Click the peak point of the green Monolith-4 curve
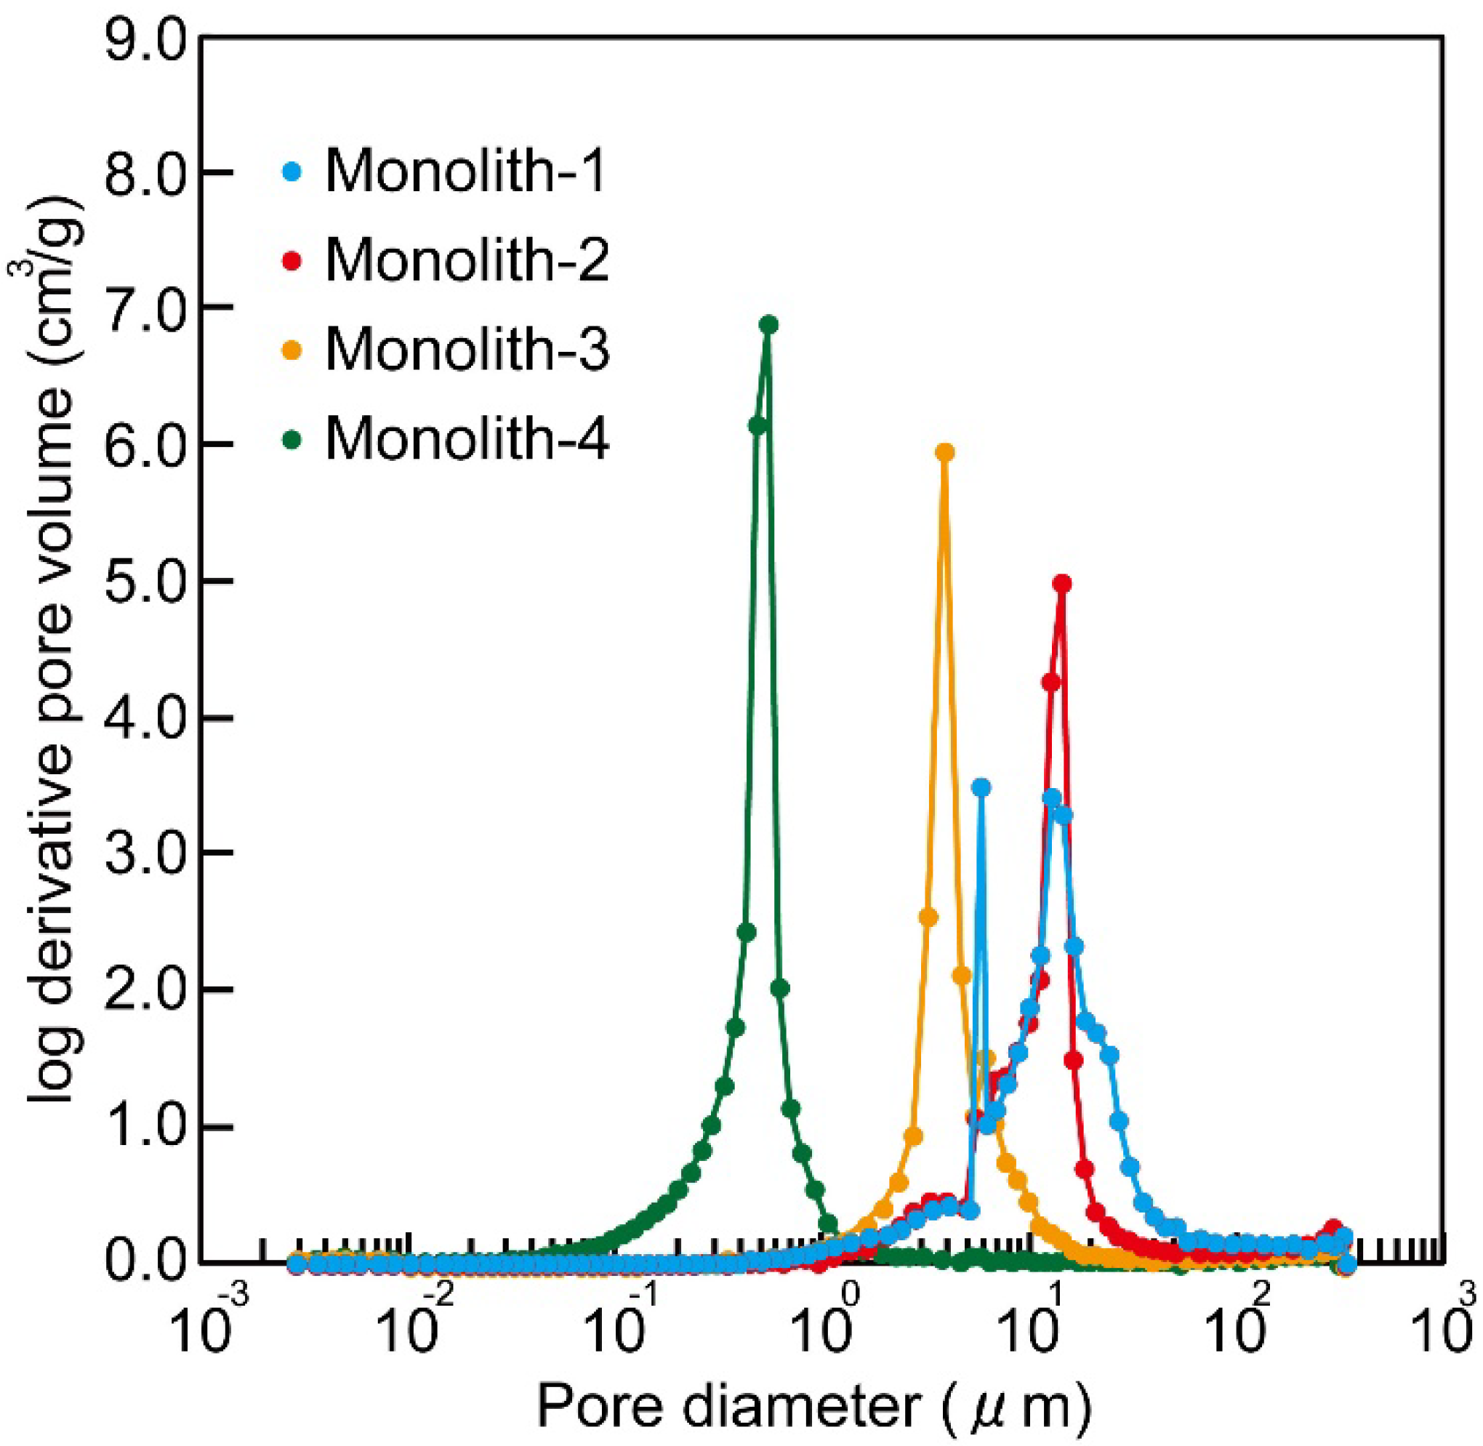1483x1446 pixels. coord(768,325)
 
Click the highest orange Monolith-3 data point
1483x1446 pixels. coord(944,453)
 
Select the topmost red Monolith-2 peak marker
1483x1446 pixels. coord(1062,583)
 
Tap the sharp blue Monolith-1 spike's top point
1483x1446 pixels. coord(982,787)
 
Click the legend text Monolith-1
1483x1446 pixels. coord(465,172)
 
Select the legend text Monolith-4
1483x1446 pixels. coord(467,439)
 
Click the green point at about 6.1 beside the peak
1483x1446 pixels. coord(757,426)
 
